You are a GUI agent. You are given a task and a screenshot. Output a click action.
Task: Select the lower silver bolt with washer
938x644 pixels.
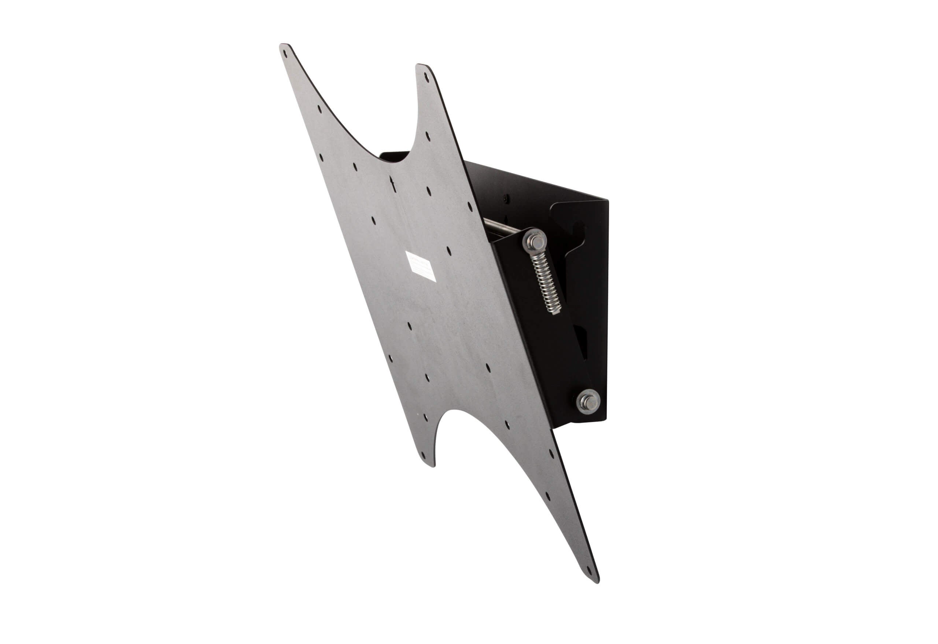pyautogui.click(x=588, y=401)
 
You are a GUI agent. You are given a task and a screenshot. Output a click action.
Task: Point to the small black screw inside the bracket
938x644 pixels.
pyautogui.click(x=506, y=199)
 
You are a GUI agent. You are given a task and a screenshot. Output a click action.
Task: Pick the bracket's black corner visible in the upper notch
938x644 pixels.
pyautogui.click(x=394, y=157)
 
